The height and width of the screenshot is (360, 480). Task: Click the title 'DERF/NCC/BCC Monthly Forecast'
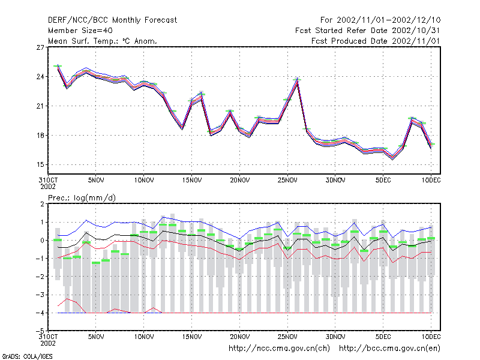tap(112, 20)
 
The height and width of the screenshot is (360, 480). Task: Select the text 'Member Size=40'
tap(80, 31)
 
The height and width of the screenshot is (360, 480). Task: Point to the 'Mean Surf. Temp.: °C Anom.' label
tap(102, 41)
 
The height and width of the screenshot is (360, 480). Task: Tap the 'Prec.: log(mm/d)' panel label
tap(82, 198)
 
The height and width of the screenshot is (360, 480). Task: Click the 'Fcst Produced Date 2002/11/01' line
tap(376, 41)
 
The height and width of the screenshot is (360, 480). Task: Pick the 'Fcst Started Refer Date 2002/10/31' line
tap(368, 31)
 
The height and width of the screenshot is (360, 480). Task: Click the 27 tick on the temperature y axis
tap(40, 47)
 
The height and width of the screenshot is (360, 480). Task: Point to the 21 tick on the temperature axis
tap(40, 106)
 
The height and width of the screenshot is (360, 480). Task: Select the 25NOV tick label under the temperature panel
tap(287, 180)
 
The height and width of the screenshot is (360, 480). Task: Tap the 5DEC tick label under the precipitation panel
tap(383, 337)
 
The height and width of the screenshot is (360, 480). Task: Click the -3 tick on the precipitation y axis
tap(40, 295)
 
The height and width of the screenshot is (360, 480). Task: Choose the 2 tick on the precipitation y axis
tap(42, 204)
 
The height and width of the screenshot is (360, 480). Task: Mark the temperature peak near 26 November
tap(297, 79)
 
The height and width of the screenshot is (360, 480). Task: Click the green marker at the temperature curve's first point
tap(58, 66)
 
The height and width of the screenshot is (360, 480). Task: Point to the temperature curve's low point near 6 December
tap(393, 158)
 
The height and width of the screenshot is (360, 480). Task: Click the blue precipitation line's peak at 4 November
tap(86, 220)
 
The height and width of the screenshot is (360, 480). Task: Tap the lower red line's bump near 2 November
tap(67, 298)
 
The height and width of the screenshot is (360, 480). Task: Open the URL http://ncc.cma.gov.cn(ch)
tap(279, 349)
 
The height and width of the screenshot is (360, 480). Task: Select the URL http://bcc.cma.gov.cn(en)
tap(389, 349)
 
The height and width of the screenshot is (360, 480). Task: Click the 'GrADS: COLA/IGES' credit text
tap(27, 356)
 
